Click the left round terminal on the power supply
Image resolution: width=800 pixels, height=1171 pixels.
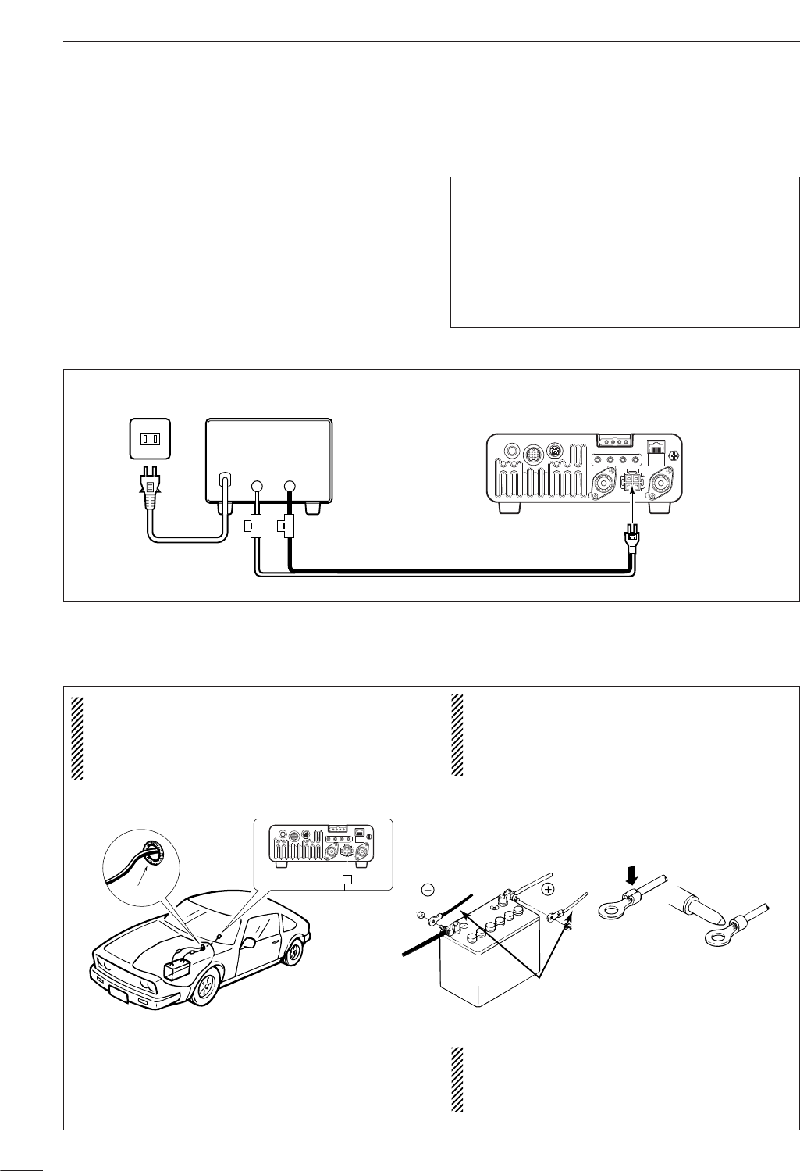pyautogui.click(x=257, y=487)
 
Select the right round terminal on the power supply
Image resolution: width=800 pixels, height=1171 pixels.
pyautogui.click(x=290, y=487)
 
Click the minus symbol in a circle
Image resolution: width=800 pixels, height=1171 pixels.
pyautogui.click(x=426, y=889)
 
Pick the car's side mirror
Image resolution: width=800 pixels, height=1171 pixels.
pyautogui.click(x=250, y=942)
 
